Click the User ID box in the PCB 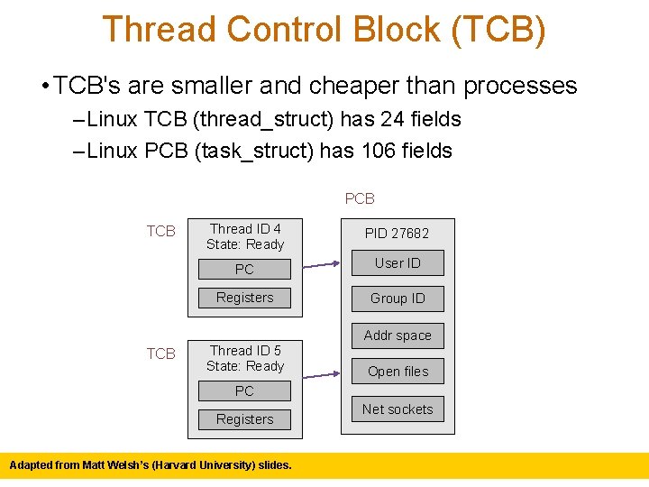(x=398, y=263)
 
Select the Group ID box (x=398, y=299)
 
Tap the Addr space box (x=398, y=335)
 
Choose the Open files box (x=398, y=372)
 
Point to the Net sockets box (x=398, y=409)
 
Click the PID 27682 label (x=397, y=234)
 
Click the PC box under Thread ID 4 (x=244, y=269)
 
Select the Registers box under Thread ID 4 (x=244, y=298)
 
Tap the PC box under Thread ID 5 (x=244, y=391)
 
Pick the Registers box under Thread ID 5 (x=244, y=419)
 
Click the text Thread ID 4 (x=245, y=229)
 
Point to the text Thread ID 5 (x=245, y=351)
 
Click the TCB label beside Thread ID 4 (x=161, y=232)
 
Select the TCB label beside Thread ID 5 (x=161, y=354)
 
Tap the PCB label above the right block (x=360, y=198)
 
